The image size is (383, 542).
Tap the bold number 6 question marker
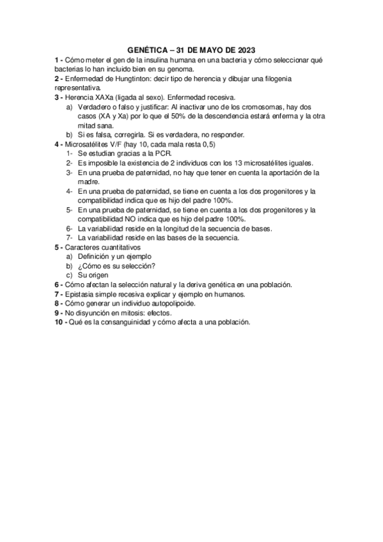(x=57, y=284)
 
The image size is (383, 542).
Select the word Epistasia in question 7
(x=80, y=294)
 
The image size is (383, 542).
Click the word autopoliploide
(x=170, y=303)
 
